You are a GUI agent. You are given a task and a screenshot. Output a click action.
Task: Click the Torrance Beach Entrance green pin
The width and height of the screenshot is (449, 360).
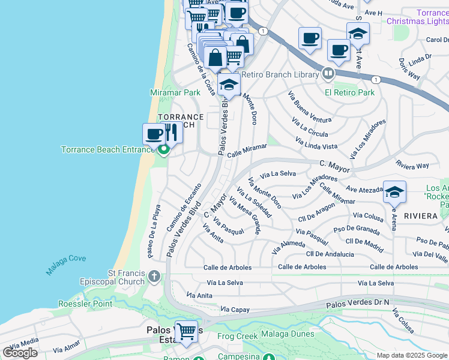pyautogui.click(x=163, y=152)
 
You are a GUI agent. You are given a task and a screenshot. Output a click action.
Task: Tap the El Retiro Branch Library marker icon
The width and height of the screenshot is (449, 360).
pyautogui.click(x=328, y=74)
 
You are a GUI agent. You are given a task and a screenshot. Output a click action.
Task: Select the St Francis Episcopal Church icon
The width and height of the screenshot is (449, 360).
pyautogui.click(x=154, y=277)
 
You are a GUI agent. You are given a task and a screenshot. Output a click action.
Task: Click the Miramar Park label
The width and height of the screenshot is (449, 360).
pyautogui.click(x=175, y=93)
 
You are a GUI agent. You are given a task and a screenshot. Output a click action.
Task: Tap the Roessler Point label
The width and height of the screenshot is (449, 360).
pyautogui.click(x=85, y=304)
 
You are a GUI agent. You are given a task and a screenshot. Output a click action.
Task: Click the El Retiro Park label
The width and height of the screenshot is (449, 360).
pyautogui.click(x=349, y=92)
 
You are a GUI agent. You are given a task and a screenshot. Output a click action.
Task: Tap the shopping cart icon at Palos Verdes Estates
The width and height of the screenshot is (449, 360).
pyautogui.click(x=186, y=331)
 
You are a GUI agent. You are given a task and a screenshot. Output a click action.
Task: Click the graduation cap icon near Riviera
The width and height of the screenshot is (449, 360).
pyautogui.click(x=394, y=193)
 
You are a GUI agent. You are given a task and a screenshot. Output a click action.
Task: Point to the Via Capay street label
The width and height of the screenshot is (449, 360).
pyautogui.click(x=235, y=310)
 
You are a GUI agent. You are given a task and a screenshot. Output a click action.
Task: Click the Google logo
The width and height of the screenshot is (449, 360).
pyautogui.click(x=20, y=353)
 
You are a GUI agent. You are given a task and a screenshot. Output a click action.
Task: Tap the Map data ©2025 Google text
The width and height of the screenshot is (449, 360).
pyautogui.click(x=411, y=355)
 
